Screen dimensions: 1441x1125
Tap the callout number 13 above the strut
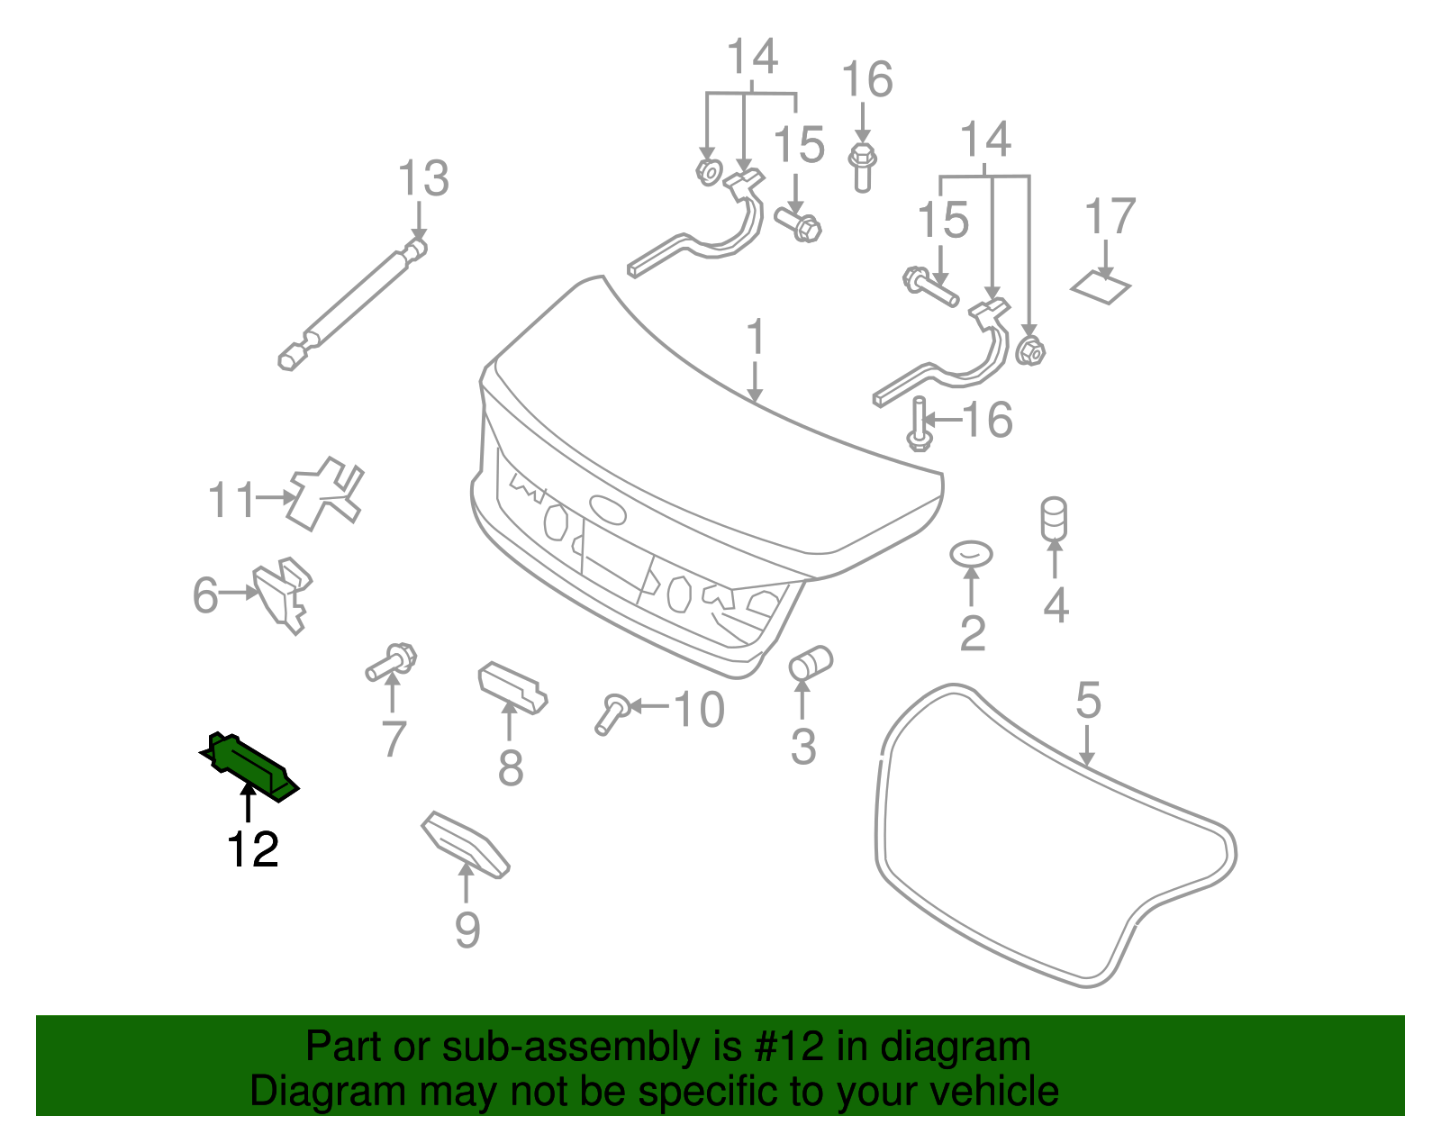423,179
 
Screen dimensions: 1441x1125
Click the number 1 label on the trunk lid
756,338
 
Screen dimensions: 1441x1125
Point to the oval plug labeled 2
971,554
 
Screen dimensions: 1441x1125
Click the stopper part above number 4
1054,520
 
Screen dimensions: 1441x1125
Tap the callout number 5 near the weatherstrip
1088,700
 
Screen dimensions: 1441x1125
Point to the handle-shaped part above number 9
466,843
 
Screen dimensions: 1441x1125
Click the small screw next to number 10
612,712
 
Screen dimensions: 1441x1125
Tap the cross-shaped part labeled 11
325,494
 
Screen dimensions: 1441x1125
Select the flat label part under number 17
1101,287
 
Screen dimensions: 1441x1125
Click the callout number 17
1110,217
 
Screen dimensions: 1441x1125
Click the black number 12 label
253,849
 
